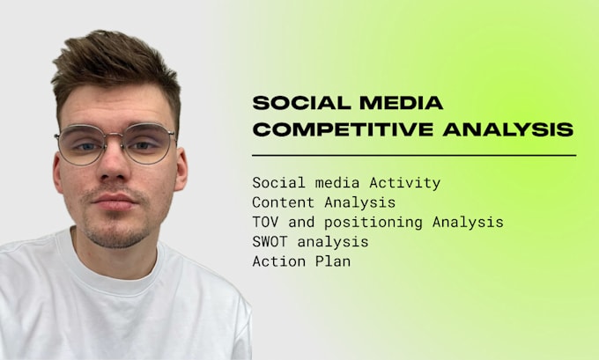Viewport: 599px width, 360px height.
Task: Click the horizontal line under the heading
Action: point(413,155)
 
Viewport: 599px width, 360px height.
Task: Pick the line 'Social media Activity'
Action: point(346,183)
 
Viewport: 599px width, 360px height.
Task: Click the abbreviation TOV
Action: point(265,222)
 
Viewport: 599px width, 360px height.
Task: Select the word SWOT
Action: point(270,241)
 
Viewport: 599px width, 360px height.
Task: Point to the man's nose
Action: point(114,171)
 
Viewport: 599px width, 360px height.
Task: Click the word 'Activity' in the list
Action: point(410,183)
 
